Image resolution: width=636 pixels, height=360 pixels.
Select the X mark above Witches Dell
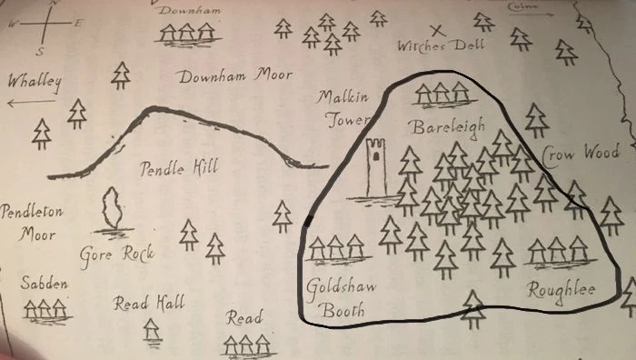tap(436, 30)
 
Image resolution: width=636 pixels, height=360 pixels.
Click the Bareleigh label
tap(448, 126)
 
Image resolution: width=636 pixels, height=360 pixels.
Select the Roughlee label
tap(561, 290)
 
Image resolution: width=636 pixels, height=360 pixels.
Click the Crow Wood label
tap(581, 154)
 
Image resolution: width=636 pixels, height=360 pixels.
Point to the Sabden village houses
tap(45, 310)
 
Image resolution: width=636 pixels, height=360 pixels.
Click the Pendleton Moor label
tap(32, 223)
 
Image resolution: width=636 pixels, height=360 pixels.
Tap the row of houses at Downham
tap(187, 34)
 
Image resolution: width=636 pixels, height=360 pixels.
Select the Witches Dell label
tap(442, 45)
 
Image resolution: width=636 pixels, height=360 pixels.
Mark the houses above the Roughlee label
tap(557, 249)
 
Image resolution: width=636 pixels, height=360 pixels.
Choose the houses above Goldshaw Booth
tap(335, 247)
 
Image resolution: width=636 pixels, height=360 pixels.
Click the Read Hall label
tap(149, 304)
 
